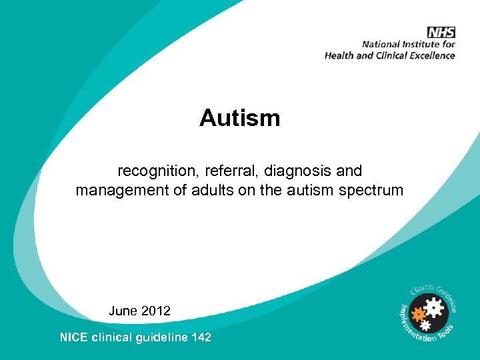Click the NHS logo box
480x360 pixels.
click(x=441, y=33)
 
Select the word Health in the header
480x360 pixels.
click(x=339, y=55)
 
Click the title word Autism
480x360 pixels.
click(x=239, y=118)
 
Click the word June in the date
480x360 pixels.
click(x=123, y=311)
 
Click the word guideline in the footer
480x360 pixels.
click(x=161, y=337)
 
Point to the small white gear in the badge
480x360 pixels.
click(x=425, y=325)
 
